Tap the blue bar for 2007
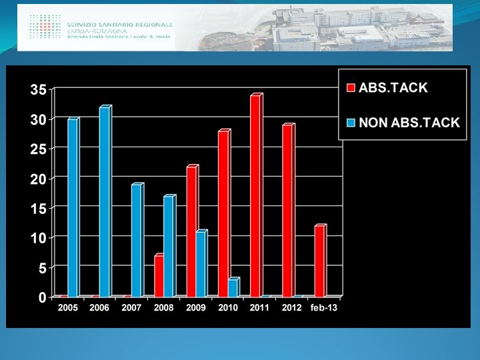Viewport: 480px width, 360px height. point(137,240)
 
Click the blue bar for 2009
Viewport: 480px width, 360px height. point(202,263)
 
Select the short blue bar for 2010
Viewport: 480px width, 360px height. point(234,287)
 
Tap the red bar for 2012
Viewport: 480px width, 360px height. point(289,210)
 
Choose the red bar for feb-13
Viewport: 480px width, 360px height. point(321,261)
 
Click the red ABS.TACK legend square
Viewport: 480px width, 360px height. point(351,88)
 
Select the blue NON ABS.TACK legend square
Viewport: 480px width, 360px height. point(351,123)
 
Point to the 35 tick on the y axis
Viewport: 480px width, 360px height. point(39,90)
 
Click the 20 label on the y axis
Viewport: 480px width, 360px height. point(39,179)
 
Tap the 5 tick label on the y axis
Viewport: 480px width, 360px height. point(43,269)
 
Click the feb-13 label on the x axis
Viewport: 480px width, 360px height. point(323,307)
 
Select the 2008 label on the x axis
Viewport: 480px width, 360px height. point(163,307)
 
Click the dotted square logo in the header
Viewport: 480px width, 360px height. point(45,26)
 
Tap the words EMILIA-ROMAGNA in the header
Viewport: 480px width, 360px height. point(97,31)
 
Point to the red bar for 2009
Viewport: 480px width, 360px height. point(192,231)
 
